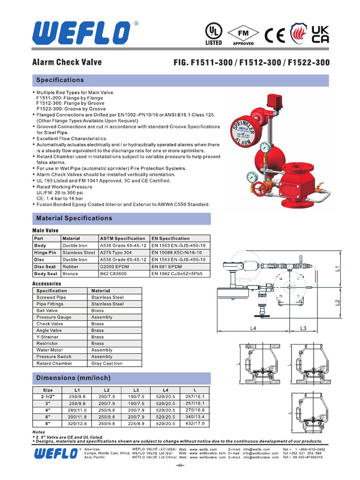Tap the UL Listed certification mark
point(214,34)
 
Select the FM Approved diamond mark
point(243,34)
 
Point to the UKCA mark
point(320,33)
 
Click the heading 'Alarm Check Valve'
point(67,62)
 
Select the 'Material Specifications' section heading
point(74,218)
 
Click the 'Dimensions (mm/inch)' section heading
point(73,378)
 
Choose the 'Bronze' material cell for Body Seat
point(70,273)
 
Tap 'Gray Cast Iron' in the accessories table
point(107,363)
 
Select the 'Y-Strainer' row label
point(47,337)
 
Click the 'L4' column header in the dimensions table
point(165,390)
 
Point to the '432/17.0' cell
point(195,423)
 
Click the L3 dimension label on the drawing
point(303,328)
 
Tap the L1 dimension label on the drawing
point(337,269)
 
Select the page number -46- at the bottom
point(180,465)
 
